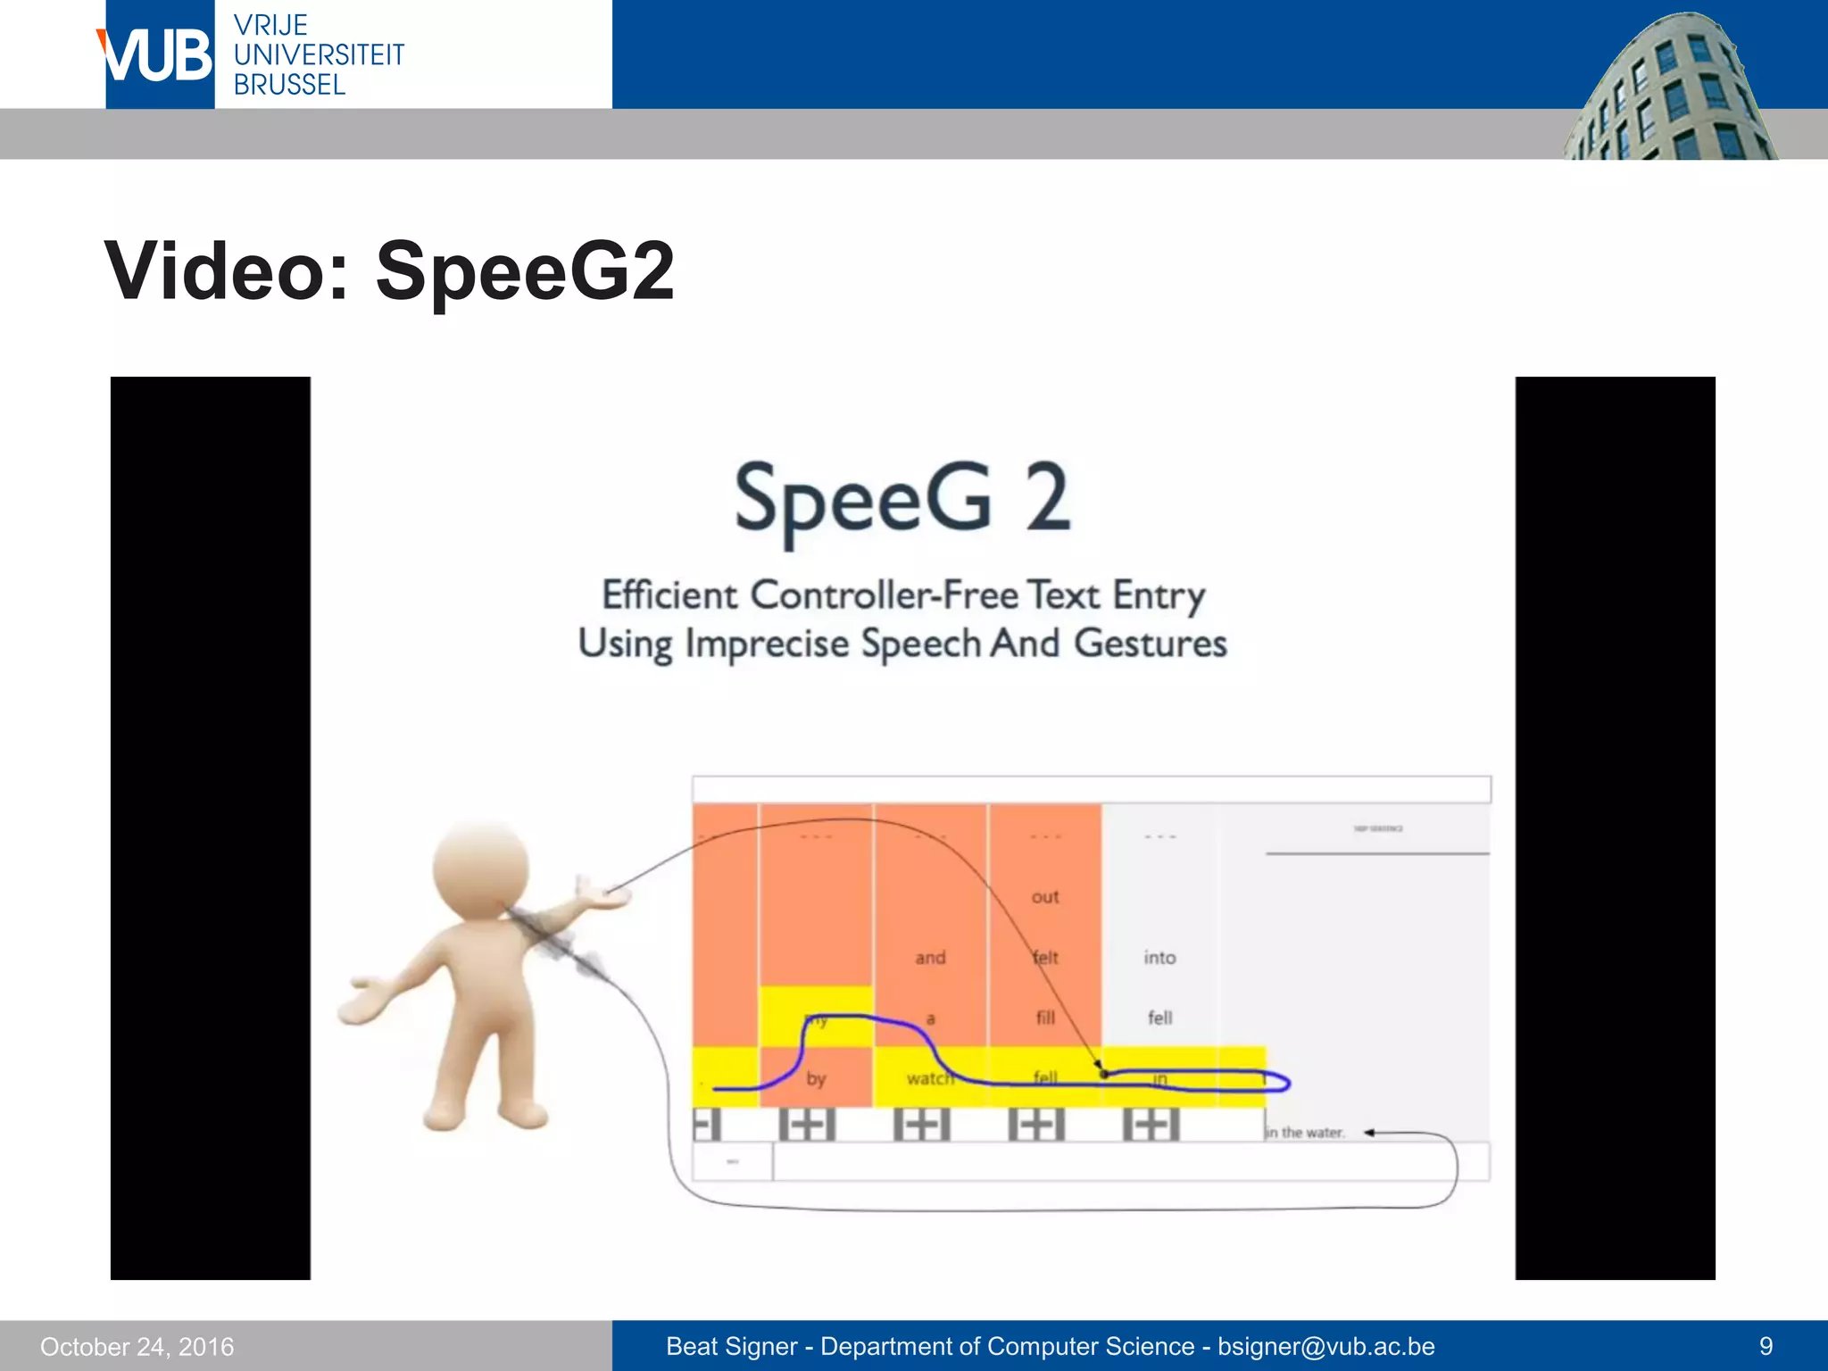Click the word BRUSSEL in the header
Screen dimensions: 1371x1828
289,85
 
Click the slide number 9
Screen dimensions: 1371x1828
1765,1346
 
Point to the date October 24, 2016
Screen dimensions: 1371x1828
137,1346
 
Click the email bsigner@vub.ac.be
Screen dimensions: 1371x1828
1325,1346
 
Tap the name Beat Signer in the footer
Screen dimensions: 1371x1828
731,1346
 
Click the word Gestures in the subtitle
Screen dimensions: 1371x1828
1150,644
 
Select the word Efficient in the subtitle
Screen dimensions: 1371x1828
669,595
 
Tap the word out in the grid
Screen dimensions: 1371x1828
1044,896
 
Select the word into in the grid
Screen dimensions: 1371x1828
1159,957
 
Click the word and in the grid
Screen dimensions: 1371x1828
930,957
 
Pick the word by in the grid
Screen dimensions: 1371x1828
816,1078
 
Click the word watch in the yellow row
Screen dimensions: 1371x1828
929,1078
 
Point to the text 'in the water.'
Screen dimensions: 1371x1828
1304,1133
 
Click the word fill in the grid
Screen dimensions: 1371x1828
1045,1018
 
